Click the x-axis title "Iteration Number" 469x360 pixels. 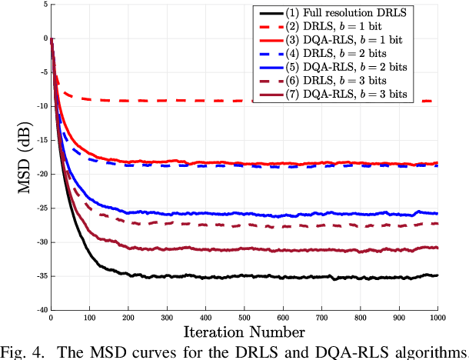tap(244, 332)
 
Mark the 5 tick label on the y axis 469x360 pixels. tap(45, 5)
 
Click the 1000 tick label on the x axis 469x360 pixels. tap(437, 318)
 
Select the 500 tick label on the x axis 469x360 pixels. tap(244, 318)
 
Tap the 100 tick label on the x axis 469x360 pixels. tap(89, 318)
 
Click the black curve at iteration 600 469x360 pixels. tap(282, 277)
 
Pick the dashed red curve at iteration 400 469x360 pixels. tap(205, 100)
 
